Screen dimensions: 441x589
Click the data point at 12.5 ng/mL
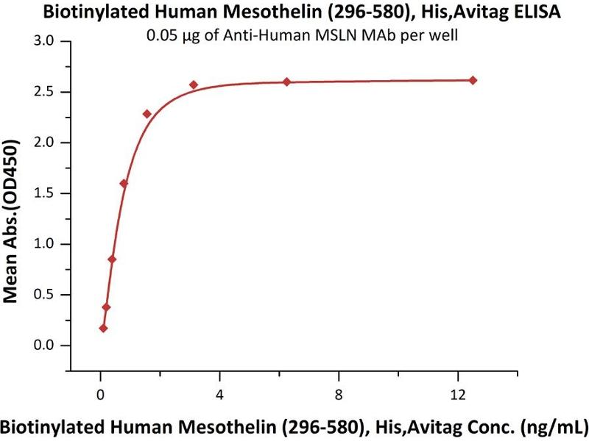click(473, 80)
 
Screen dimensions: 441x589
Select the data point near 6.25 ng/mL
click(286, 82)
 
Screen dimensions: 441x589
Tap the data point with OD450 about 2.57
click(194, 85)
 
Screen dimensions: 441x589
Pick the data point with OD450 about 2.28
click(147, 114)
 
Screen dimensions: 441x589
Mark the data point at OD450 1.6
click(124, 183)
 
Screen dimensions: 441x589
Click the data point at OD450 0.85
click(112, 259)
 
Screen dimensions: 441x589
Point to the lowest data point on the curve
click(103, 328)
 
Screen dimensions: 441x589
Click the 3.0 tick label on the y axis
click(46, 41)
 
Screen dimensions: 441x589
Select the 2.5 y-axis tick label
click(46, 92)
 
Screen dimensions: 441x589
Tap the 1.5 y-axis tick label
click(46, 193)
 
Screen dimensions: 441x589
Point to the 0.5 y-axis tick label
click(46, 295)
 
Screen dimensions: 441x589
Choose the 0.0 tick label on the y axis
click(46, 345)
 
